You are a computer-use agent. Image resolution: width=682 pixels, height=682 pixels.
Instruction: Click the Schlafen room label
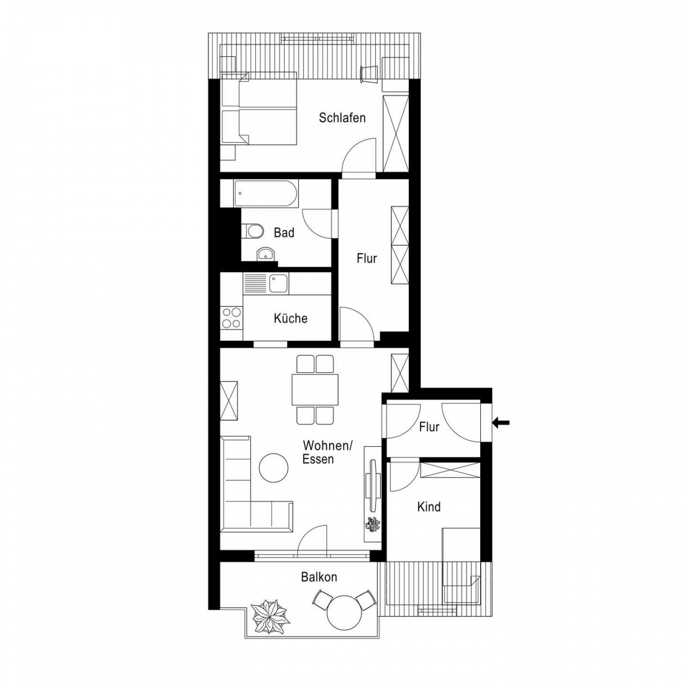pyautogui.click(x=342, y=118)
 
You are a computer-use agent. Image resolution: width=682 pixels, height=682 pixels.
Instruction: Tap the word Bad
pyautogui.click(x=284, y=233)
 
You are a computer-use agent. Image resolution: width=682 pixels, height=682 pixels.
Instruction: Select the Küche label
pyautogui.click(x=290, y=318)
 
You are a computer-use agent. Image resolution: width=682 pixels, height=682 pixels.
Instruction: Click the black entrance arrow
pyautogui.click(x=501, y=422)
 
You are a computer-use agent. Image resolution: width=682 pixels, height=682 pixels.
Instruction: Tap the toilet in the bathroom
pyautogui.click(x=253, y=232)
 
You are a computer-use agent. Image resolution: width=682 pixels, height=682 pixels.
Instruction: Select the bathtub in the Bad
pyautogui.click(x=266, y=193)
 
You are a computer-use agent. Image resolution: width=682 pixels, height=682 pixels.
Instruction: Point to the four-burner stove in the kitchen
pyautogui.click(x=231, y=318)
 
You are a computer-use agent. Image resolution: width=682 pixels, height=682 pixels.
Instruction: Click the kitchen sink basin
pyautogui.click(x=278, y=284)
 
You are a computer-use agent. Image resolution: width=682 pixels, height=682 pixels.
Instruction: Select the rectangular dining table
pyautogui.click(x=315, y=389)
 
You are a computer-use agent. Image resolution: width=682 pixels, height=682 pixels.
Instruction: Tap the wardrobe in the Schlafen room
pyautogui.click(x=396, y=134)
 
